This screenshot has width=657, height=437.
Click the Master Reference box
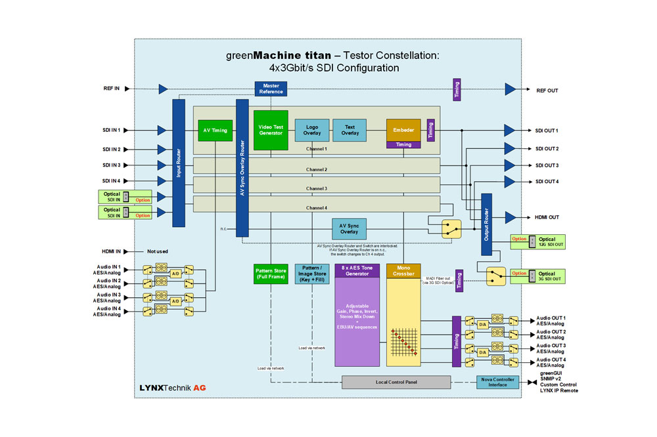[x=271, y=89]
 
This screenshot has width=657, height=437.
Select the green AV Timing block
[x=215, y=130]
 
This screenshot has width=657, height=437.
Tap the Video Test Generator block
[x=271, y=129]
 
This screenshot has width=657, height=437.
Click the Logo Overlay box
[x=311, y=129]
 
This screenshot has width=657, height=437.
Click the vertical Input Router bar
[x=179, y=163]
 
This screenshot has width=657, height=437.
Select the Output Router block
[x=487, y=223]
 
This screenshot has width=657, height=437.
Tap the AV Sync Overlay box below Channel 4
[x=349, y=229]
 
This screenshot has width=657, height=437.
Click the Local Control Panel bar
[x=396, y=382]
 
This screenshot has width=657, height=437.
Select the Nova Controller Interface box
[x=497, y=382]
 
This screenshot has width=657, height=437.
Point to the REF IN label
[x=112, y=89]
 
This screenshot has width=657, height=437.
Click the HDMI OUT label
[x=547, y=217]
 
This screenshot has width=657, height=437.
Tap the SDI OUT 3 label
[x=547, y=165]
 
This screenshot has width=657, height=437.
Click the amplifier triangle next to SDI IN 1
[x=162, y=130]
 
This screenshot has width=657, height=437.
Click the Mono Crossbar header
[x=403, y=270]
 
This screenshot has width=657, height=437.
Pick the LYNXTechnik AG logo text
[x=173, y=388]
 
